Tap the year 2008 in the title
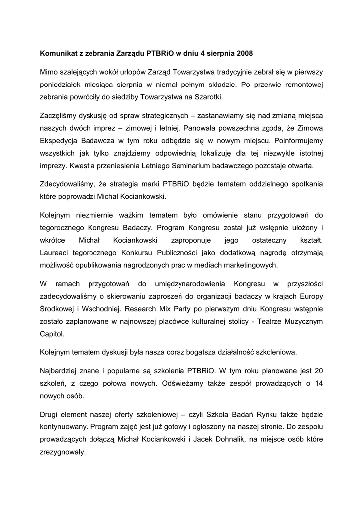(249, 52)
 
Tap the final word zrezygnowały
(62, 453)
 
